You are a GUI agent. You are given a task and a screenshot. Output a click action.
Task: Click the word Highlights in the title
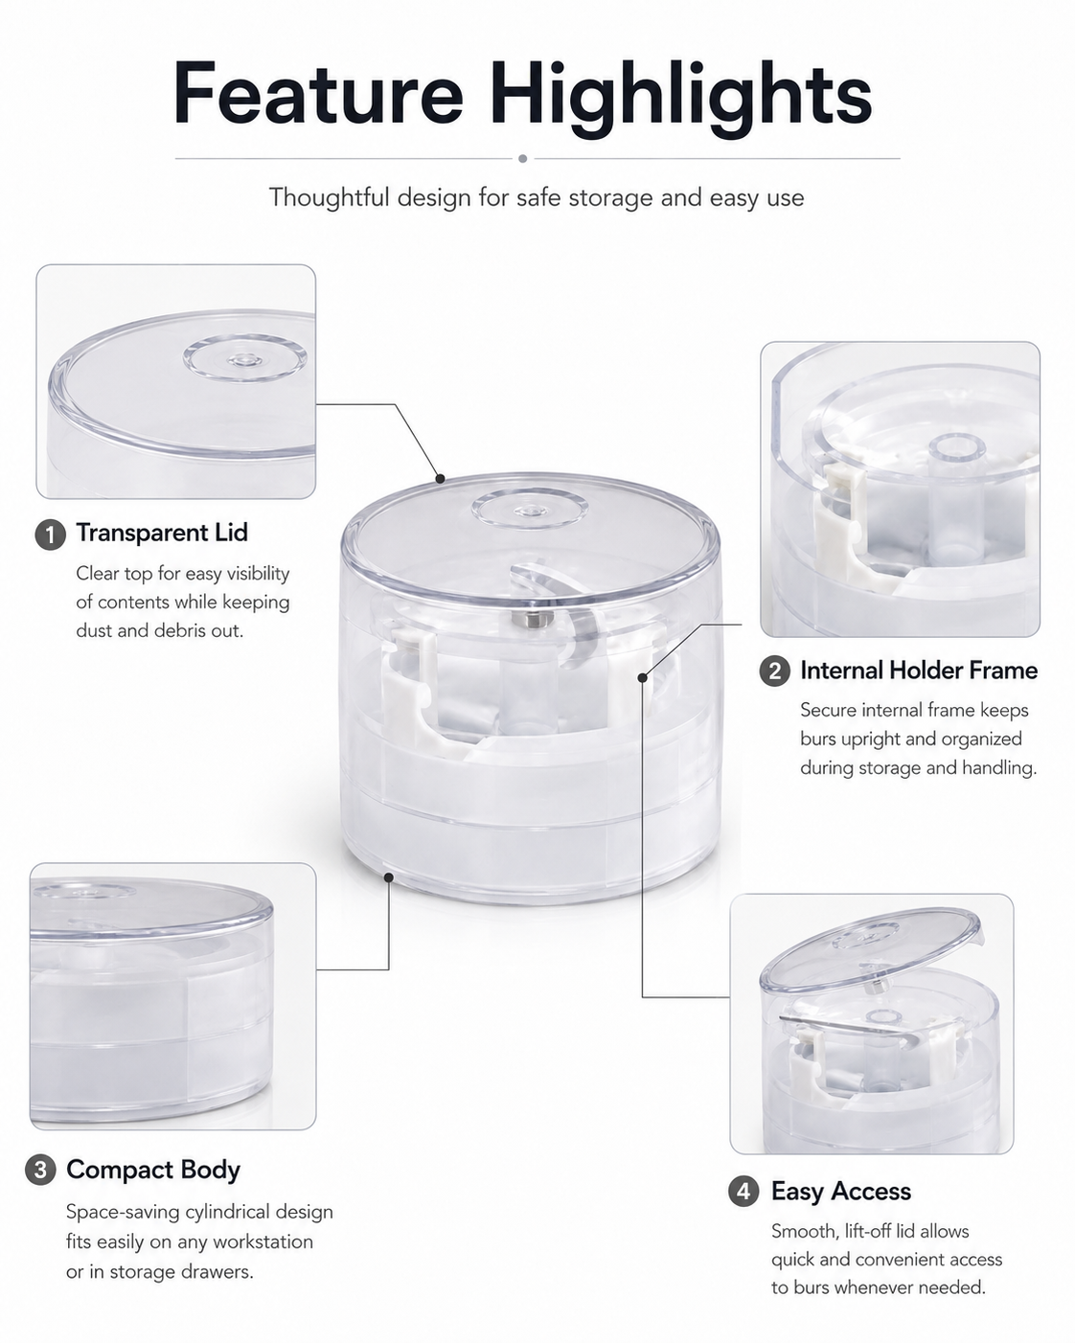click(x=680, y=99)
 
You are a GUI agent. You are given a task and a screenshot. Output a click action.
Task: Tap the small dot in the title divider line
click(x=522, y=158)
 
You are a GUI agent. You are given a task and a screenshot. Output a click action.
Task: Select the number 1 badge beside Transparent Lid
click(x=51, y=535)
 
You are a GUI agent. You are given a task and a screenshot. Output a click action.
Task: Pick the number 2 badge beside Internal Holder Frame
click(x=775, y=671)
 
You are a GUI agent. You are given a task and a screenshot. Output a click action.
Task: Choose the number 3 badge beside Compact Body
click(x=40, y=1170)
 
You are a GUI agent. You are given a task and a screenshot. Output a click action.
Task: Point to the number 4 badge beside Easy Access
click(x=743, y=1192)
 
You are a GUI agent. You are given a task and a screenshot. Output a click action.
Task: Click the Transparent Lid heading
click(x=162, y=533)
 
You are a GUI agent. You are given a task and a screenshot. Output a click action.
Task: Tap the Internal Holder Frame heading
click(x=919, y=671)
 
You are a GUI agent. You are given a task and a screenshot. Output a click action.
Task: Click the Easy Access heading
click(x=841, y=1192)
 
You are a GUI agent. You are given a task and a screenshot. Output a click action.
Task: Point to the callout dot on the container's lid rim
click(x=440, y=479)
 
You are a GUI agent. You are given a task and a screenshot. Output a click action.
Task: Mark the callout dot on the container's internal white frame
click(x=642, y=677)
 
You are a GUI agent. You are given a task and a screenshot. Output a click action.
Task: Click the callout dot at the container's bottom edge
click(x=388, y=877)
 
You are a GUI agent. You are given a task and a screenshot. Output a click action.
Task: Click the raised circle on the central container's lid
click(x=530, y=509)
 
